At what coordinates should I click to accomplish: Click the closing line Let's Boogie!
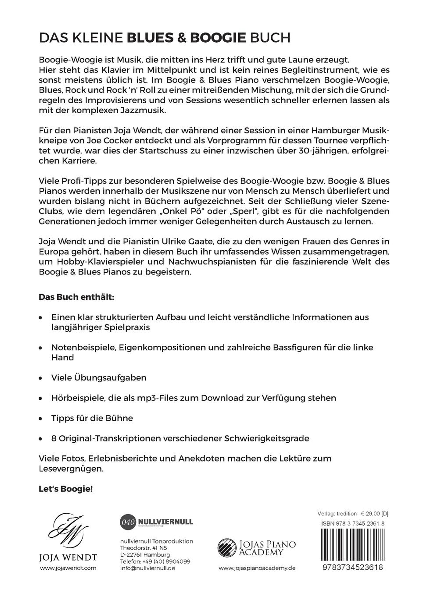pyautogui.click(x=65, y=489)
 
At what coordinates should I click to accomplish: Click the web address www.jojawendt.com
pyautogui.click(x=68, y=568)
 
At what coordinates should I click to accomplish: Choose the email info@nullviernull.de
pyautogui.click(x=147, y=568)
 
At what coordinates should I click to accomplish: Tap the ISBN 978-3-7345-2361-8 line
pyautogui.click(x=353, y=524)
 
